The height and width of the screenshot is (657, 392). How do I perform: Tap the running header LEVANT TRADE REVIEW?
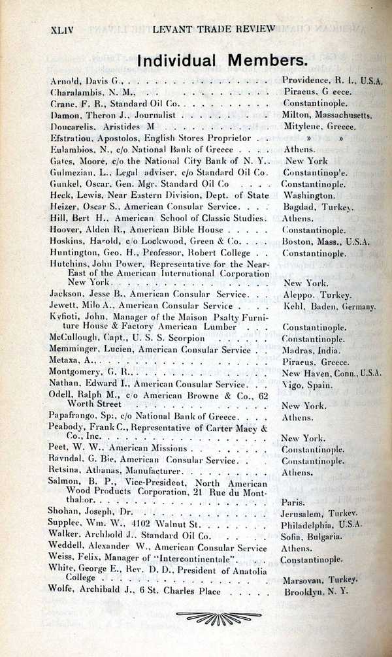pos(214,29)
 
